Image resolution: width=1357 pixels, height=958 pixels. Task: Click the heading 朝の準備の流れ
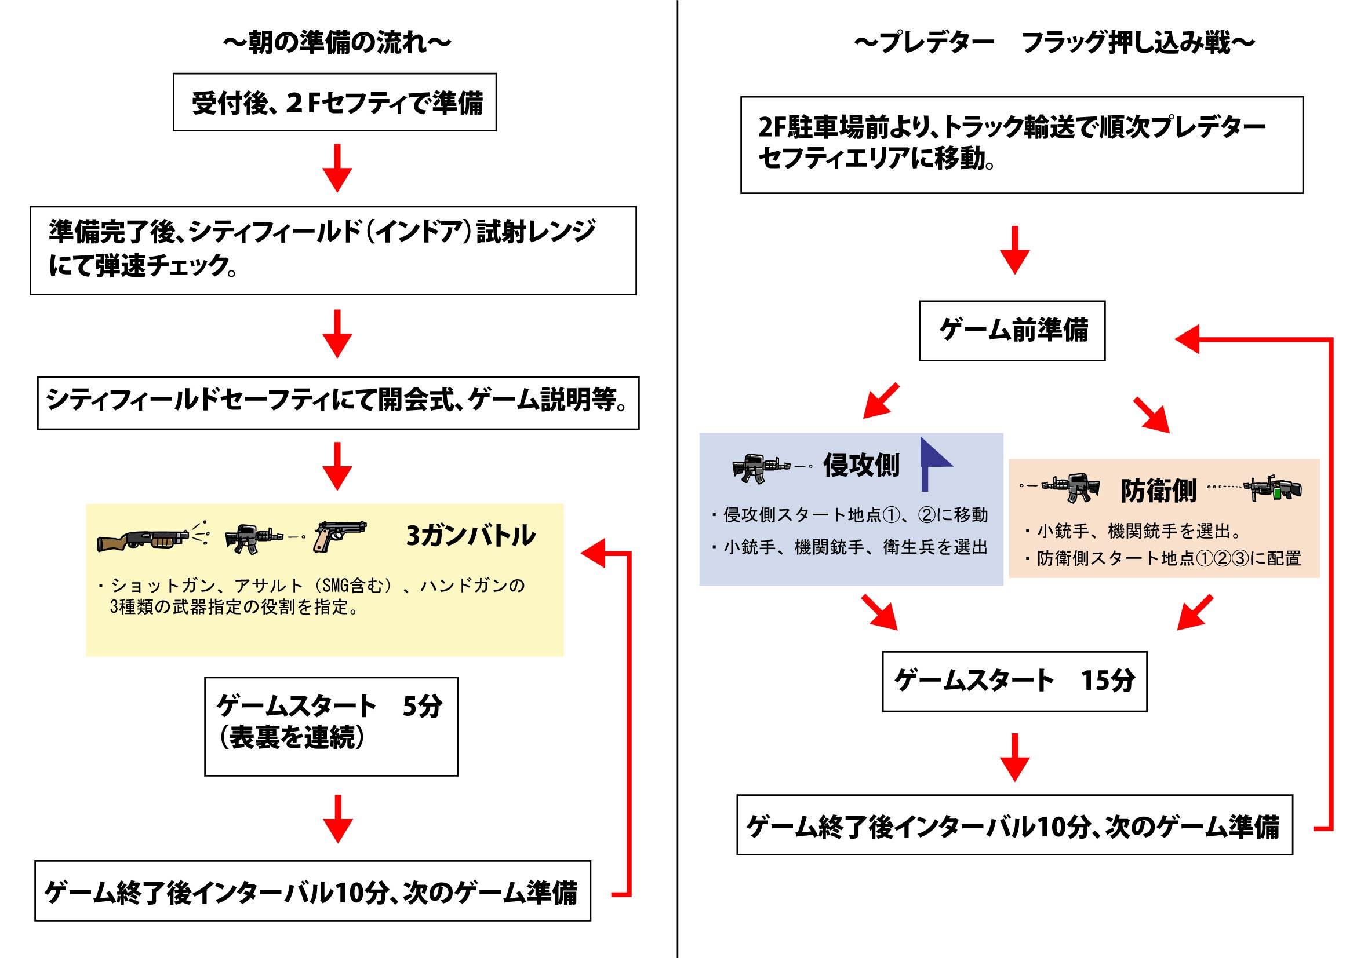pyautogui.click(x=337, y=42)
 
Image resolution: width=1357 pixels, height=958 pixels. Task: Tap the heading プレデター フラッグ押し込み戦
pyautogui.click(x=1055, y=42)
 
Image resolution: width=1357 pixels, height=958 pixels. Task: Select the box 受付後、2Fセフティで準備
pyautogui.click(x=334, y=102)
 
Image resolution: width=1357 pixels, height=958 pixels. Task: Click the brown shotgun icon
pyautogui.click(x=152, y=536)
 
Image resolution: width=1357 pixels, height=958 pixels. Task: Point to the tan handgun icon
pyautogui.click(x=340, y=536)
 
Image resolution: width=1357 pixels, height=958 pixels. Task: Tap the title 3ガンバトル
pyautogui.click(x=471, y=536)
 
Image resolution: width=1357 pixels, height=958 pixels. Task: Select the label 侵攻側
pyautogui.click(x=861, y=465)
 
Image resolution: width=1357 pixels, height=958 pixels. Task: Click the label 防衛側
pyautogui.click(x=1158, y=491)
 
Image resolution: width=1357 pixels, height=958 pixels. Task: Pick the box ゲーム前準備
pyautogui.click(x=1013, y=331)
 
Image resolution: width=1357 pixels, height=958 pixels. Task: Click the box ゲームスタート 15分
pyautogui.click(x=1015, y=682)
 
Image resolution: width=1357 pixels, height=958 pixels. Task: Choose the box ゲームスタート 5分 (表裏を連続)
pyautogui.click(x=331, y=726)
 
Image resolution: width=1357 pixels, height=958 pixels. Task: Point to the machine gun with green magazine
pyautogui.click(x=1272, y=488)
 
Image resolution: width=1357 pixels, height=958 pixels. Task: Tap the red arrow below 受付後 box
pyautogui.click(x=337, y=168)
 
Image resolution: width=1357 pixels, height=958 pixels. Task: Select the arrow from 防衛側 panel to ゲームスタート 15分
pyautogui.click(x=1195, y=612)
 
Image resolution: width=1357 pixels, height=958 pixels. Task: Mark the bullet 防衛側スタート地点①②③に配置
pyautogui.click(x=1164, y=558)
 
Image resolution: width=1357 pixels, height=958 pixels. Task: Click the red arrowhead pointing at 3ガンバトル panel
pyautogui.click(x=594, y=553)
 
